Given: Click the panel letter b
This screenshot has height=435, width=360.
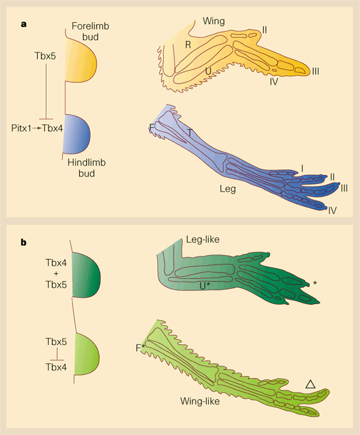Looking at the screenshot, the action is pos(24,242).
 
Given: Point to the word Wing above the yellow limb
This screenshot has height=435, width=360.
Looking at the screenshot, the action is pos(213,22).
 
